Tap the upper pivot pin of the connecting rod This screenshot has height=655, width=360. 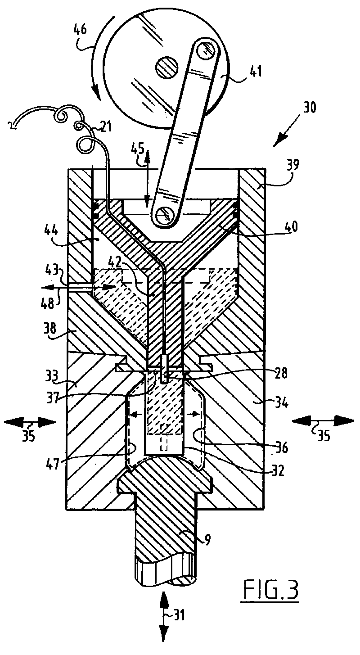(x=205, y=51)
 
